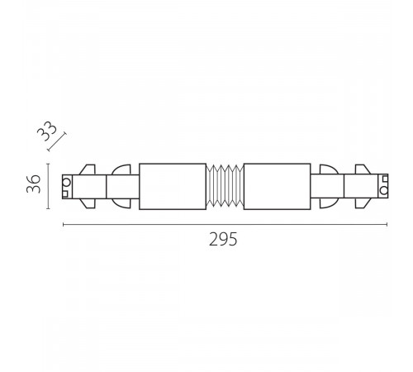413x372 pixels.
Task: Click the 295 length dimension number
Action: pos(223,239)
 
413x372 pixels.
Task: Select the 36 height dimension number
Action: pos(34,184)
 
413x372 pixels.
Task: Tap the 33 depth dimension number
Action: pos(47,131)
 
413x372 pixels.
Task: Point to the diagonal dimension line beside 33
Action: pos(57,141)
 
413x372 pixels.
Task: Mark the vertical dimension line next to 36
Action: pos(48,186)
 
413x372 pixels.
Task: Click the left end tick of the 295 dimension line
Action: pos(64,225)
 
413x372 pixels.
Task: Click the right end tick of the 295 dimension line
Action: pos(387,225)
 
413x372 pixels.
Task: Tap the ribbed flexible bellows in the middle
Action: pos(225,187)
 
